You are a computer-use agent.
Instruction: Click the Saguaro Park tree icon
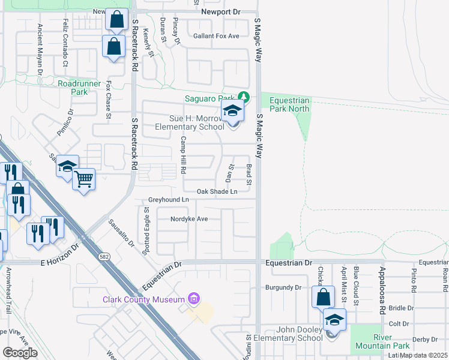click(243, 97)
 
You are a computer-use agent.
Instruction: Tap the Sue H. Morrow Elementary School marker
click(232, 112)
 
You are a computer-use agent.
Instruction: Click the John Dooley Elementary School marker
click(334, 320)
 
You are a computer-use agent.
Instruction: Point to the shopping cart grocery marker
click(84, 179)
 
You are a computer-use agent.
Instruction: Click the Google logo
click(20, 352)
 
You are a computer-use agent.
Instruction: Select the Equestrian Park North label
click(289, 105)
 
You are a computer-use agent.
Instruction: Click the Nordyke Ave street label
click(188, 219)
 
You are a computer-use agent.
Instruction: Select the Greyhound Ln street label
click(169, 199)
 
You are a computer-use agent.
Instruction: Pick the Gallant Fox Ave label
click(216, 36)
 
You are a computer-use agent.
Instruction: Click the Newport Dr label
click(220, 11)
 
